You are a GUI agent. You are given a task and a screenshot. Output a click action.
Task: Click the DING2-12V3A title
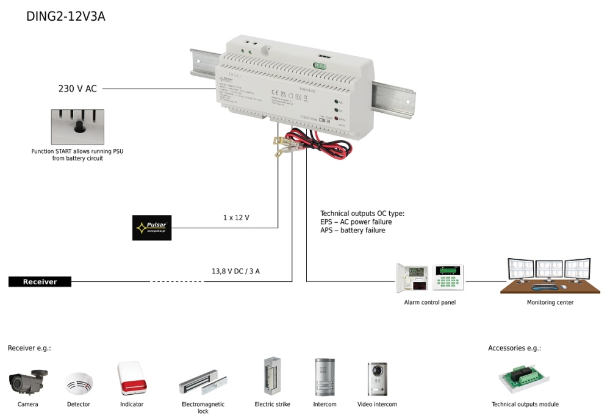click(x=66, y=16)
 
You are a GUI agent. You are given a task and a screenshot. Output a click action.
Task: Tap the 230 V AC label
click(x=77, y=89)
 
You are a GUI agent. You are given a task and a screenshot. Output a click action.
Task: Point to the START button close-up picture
click(x=77, y=127)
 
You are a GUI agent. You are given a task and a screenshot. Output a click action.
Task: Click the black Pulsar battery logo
click(x=152, y=228)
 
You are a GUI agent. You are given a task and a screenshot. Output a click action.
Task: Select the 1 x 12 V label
click(x=236, y=217)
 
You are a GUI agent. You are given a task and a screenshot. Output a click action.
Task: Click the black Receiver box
click(x=40, y=281)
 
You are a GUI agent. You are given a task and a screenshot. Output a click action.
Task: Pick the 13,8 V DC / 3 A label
click(x=235, y=271)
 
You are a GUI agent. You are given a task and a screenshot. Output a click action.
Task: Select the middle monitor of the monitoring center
click(x=549, y=270)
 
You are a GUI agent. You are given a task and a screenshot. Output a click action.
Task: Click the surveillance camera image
click(x=29, y=381)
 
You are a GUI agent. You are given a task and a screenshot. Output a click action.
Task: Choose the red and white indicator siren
click(x=131, y=378)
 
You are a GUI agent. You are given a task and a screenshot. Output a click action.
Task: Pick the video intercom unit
click(x=377, y=378)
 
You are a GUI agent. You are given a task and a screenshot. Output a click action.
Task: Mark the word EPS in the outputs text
click(x=328, y=222)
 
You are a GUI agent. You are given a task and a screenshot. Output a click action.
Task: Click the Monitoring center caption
click(x=550, y=302)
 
